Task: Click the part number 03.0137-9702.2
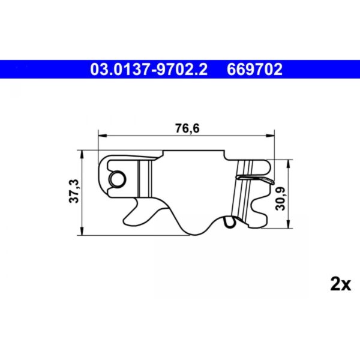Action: coord(148,69)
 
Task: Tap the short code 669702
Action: coord(254,69)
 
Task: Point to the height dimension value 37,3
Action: coord(73,191)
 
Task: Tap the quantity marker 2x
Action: coord(340,284)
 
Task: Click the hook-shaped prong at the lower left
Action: coord(135,213)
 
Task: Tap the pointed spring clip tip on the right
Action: coord(271,180)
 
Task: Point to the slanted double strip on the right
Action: coord(242,192)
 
